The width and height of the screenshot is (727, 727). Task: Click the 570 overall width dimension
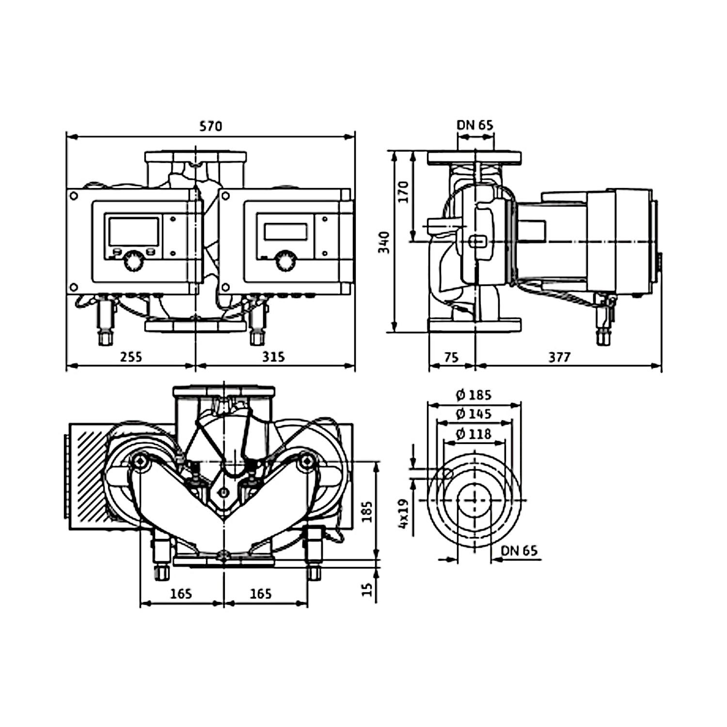tap(211, 126)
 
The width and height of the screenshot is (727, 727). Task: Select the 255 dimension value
tap(131, 357)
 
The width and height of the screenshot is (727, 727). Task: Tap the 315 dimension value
tap(274, 357)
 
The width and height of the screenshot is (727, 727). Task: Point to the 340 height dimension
tap(384, 242)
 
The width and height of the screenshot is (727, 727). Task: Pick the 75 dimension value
tap(451, 357)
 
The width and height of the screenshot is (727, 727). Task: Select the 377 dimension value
tap(559, 357)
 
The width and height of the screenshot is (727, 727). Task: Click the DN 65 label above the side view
tap(475, 125)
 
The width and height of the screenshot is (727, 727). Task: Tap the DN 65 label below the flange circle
tap(519, 551)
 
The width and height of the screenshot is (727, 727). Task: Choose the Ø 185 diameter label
tap(474, 395)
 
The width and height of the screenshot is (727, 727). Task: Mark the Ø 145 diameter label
tap(474, 414)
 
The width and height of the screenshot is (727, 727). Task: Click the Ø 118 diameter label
tap(474, 434)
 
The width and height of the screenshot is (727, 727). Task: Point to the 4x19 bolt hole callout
tap(404, 514)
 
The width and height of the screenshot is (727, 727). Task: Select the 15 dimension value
tap(368, 589)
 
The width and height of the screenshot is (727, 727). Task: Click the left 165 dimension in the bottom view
tap(181, 593)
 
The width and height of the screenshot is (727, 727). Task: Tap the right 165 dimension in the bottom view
tap(261, 593)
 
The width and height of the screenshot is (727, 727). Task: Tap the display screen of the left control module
tap(134, 231)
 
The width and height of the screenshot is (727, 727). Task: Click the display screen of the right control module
tap(285, 231)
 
